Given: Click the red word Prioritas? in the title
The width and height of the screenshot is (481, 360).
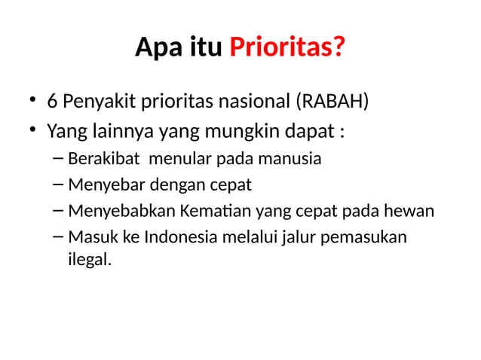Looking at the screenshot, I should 287,48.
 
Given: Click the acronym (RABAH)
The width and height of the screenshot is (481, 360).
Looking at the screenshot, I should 332,101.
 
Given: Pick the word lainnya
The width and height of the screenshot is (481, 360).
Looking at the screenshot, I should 117,132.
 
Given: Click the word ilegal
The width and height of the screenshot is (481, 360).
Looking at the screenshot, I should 89,261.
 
